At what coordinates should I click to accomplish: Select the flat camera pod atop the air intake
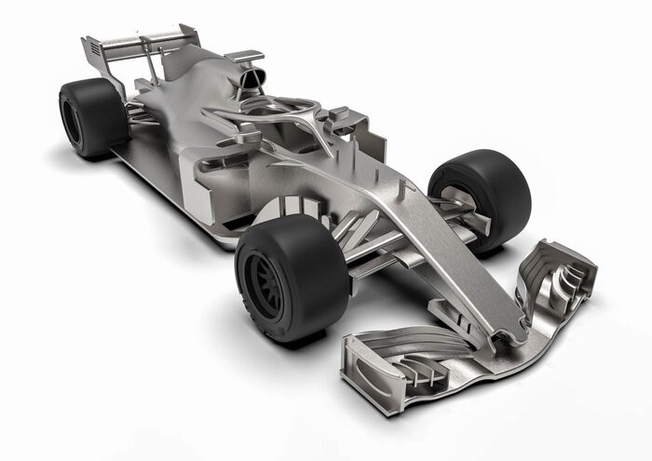tap(244, 57)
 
